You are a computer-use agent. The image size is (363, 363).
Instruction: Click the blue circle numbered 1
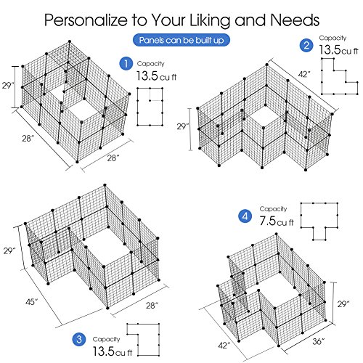point(126,64)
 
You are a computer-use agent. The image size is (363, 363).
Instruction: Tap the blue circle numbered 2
point(306,45)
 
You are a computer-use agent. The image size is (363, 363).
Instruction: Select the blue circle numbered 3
point(79,339)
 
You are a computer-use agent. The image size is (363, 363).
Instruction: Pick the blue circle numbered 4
point(245,216)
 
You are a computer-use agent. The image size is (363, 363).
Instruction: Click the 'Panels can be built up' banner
point(181,40)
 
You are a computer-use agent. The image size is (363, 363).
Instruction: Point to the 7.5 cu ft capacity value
point(277,221)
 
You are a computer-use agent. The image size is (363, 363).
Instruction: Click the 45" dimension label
point(32,302)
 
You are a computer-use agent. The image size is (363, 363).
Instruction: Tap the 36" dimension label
point(319,341)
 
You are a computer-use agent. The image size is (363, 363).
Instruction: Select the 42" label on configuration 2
point(304,74)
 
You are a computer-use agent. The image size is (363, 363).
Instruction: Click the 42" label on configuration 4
point(224,346)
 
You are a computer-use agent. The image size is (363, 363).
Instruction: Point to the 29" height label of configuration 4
point(343,304)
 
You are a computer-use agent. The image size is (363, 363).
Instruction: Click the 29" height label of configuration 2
point(183,126)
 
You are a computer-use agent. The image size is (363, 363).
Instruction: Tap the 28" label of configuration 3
point(152,306)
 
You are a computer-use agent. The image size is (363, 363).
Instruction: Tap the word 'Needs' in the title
point(295,20)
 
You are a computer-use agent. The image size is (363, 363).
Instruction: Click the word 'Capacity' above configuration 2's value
point(333,38)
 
